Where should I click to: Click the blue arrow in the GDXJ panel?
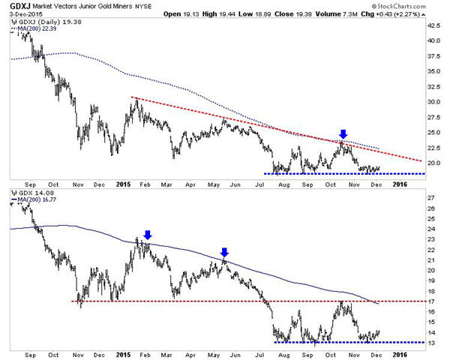tap(343, 136)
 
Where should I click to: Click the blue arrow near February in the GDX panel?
tap(147, 235)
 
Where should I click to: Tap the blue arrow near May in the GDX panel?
tap(224, 252)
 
